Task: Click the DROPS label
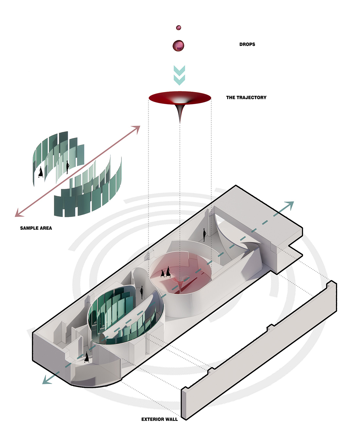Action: click(x=247, y=44)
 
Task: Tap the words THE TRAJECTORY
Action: click(x=246, y=98)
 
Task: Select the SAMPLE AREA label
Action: click(x=36, y=228)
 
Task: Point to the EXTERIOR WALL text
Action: click(x=159, y=419)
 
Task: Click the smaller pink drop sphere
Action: click(x=178, y=27)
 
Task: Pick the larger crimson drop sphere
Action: click(x=178, y=45)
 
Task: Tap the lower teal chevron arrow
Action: click(x=179, y=80)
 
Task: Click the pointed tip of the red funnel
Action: click(x=180, y=123)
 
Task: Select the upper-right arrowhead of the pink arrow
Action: click(x=137, y=128)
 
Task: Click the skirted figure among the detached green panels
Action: click(x=41, y=172)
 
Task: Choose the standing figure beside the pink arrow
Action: click(x=67, y=167)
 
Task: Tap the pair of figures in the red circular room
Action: click(x=166, y=272)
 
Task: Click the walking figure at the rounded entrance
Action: click(x=86, y=357)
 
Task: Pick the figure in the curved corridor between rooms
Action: click(x=142, y=292)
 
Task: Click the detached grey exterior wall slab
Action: click(x=259, y=351)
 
